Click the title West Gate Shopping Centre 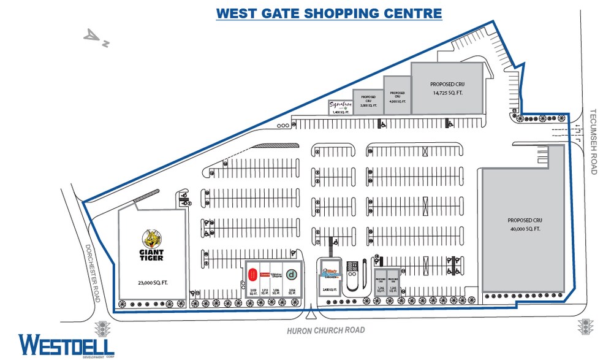pyautogui.click(x=328, y=12)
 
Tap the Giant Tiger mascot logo pyautogui.click(x=151, y=238)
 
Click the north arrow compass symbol pyautogui.click(x=97, y=37)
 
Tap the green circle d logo pyautogui.click(x=292, y=274)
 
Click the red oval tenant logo pyautogui.click(x=252, y=274)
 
